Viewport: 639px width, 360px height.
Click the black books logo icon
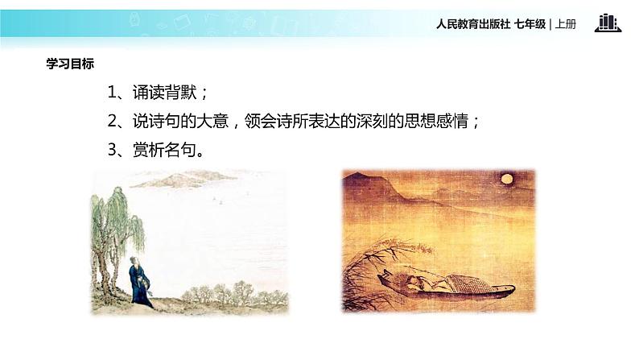tap(608, 23)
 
